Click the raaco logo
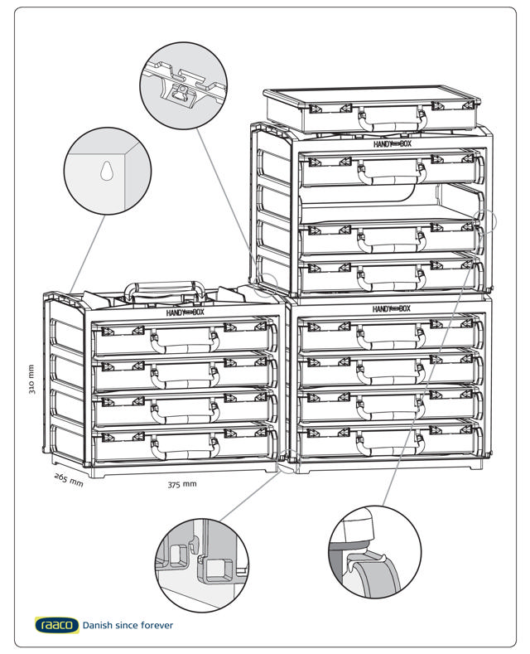coord(57,624)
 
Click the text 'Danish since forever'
coord(128,625)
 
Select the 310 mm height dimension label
coord(31,380)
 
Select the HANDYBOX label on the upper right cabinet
coord(391,143)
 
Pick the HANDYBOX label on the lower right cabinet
coord(391,308)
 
